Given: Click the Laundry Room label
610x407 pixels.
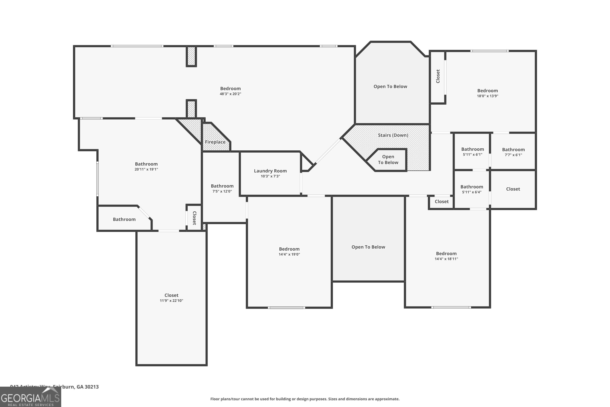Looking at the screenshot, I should (x=270, y=171).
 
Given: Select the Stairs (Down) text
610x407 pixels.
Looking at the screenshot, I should (x=393, y=135).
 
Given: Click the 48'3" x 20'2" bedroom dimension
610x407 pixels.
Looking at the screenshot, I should (x=230, y=94).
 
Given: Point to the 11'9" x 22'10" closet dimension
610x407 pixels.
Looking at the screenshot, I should (x=171, y=301).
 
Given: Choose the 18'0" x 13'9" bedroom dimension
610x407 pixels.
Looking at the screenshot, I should (x=487, y=96).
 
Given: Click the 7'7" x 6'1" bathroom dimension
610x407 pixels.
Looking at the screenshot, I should (x=513, y=155).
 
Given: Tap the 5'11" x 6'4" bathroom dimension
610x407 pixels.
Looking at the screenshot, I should (x=472, y=192).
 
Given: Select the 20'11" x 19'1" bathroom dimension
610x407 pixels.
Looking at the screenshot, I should (x=146, y=170).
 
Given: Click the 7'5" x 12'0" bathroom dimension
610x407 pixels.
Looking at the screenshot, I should (x=222, y=191).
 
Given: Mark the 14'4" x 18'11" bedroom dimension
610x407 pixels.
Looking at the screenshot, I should (x=446, y=259).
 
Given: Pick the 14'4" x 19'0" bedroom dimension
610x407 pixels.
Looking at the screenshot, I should (x=289, y=254).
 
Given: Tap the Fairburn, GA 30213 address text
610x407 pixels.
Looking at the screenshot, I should (x=76, y=387).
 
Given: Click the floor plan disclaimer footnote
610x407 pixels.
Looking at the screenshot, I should (x=305, y=399).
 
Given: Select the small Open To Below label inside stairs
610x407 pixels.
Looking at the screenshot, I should (x=388, y=160).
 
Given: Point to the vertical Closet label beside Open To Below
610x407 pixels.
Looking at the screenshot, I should (x=438, y=76).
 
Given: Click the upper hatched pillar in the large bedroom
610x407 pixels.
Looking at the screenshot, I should (x=191, y=56).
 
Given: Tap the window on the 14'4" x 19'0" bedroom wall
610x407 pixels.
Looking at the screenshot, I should (x=286, y=307).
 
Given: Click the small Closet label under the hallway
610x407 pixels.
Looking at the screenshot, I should (x=441, y=202).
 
